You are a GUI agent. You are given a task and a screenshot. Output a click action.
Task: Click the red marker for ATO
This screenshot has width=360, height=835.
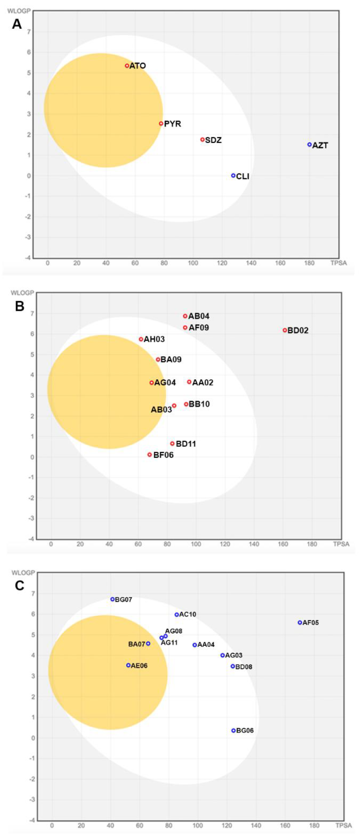[x=127, y=66]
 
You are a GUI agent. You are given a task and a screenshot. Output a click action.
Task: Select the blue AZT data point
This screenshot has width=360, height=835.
[x=309, y=145]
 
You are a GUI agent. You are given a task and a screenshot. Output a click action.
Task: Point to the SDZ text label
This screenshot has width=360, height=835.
[x=214, y=140]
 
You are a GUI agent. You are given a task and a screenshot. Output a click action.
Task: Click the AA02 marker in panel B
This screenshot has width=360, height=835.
[x=189, y=382]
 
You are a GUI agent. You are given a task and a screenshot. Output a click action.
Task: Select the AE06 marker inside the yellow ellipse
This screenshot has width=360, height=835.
[x=128, y=665]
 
